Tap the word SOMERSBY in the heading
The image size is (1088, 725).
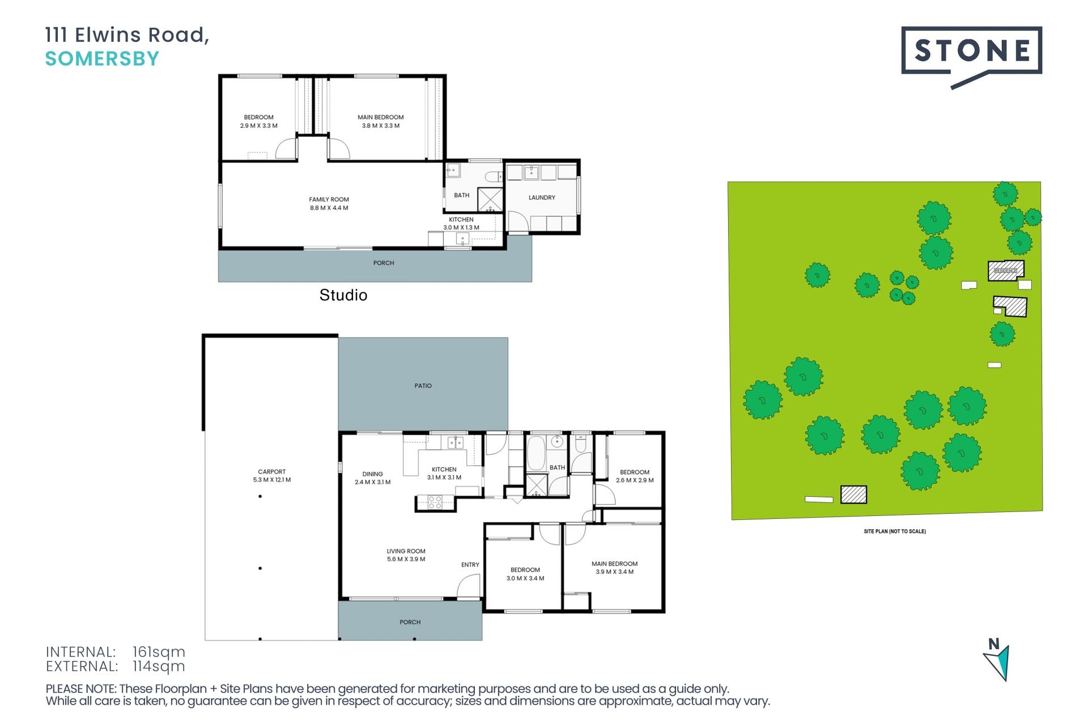point(102,59)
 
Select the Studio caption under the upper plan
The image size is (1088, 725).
point(343,295)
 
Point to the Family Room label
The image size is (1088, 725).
point(329,199)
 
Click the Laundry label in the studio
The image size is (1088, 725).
point(542,198)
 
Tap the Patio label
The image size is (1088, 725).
point(423,386)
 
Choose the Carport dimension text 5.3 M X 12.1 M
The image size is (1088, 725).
point(272,480)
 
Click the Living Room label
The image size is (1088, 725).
point(406,551)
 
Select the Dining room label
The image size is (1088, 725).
point(372,474)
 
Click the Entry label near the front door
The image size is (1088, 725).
point(470,565)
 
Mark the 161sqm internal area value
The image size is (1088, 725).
point(159,652)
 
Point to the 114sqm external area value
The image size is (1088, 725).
point(159,667)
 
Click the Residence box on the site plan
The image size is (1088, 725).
point(1006,271)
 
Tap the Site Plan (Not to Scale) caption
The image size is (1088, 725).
point(895,531)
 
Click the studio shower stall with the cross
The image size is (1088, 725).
point(490,200)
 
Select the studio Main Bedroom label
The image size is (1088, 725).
point(381,117)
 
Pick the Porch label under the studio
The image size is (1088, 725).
point(384,263)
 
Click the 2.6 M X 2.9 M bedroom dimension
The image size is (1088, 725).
point(635,480)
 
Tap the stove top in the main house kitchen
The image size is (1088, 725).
point(435,502)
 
